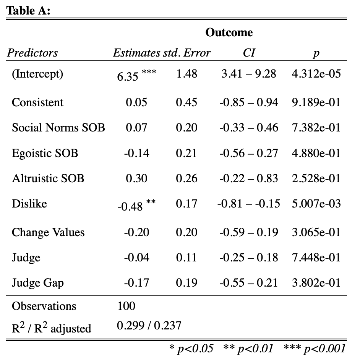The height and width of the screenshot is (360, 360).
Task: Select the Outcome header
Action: coord(229,32)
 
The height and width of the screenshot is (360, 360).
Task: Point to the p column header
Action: coord(316,53)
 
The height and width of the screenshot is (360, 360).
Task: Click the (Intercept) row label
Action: coord(37,73)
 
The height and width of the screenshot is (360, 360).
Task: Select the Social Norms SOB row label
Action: coord(58,127)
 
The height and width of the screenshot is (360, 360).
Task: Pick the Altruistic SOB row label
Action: coord(48,178)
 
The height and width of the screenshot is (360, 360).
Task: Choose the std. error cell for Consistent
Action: coord(186,102)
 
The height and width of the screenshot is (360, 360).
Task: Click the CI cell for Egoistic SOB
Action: coord(249,153)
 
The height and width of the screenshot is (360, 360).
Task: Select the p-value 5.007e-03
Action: coord(316,204)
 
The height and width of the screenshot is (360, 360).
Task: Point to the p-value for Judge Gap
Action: coord(316,283)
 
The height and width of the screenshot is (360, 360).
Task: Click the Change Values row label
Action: coord(48,232)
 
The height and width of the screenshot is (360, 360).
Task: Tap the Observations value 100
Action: coord(126,306)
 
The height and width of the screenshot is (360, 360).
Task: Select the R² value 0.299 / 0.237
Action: coord(149,326)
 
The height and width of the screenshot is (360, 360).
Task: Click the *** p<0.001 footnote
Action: coord(315,348)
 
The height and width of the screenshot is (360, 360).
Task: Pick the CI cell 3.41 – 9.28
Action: coord(249,73)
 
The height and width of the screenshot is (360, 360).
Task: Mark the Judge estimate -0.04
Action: coord(136,258)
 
